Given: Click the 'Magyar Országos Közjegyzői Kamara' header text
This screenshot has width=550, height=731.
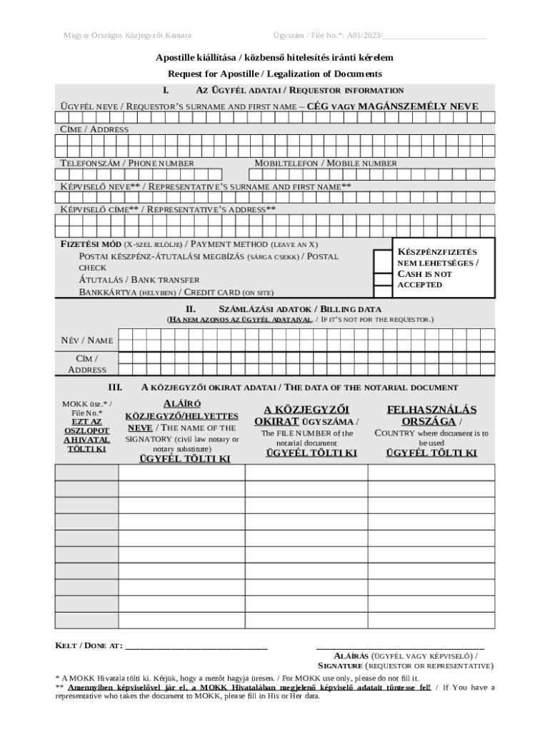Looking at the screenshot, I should coord(126,35).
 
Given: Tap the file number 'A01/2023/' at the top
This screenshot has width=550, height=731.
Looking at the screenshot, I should coord(365,35).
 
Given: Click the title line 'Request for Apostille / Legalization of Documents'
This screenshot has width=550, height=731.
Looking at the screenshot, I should coord(275,74).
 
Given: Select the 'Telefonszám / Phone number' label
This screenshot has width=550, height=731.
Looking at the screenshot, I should coord(126,163).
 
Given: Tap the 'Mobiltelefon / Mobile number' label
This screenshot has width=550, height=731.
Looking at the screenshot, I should coord(326,163).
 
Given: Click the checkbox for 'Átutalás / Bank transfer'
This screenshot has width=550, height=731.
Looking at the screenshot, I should coord(382,279).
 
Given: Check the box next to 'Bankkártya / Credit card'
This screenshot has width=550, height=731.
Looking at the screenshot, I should coord(382,291).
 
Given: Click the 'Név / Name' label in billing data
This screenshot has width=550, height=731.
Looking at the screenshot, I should coord(86,341).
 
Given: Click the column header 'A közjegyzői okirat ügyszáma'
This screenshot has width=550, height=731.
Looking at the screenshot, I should coord(306,415).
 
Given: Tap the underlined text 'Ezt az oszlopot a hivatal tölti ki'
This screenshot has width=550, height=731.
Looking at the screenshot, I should coord(86,435).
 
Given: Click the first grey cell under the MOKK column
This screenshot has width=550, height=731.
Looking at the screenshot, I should coord(86,473).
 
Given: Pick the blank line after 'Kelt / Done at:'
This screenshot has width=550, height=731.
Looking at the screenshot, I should coord(196,646).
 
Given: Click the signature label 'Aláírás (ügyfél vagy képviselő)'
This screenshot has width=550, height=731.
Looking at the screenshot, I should coord(406,655).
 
